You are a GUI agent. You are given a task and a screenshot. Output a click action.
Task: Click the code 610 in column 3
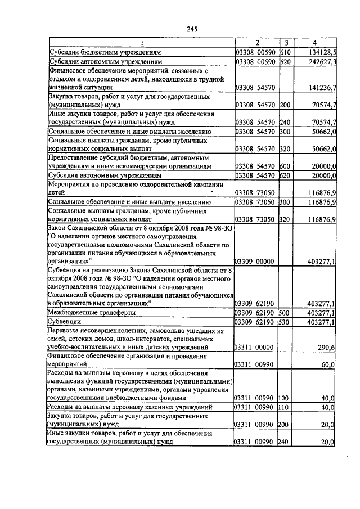285,51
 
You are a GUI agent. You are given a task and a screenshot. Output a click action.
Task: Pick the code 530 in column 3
285,322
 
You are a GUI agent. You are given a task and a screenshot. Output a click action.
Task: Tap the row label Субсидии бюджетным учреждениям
100,51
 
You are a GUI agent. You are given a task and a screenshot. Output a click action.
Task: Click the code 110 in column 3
285,407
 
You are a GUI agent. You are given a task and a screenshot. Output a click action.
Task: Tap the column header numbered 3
286,42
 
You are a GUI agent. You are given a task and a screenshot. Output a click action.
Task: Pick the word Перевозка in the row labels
67,331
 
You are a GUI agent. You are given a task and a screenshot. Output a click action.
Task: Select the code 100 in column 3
285,398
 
